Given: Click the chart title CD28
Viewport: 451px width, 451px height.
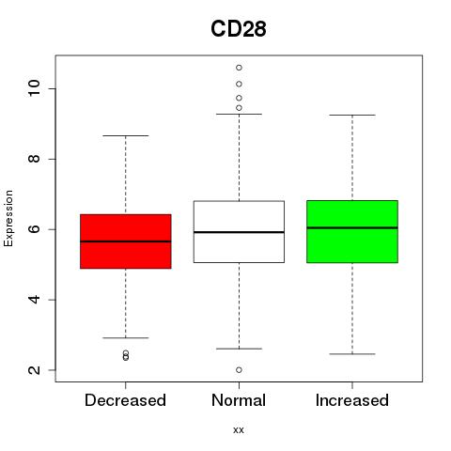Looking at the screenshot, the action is point(239,29).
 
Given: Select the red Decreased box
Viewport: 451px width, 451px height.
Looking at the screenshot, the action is point(126,241).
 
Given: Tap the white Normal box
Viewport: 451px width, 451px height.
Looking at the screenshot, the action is point(239,231).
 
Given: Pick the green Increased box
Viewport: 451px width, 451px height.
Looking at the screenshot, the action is point(352,231).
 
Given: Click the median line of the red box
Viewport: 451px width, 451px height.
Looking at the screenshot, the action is point(126,241).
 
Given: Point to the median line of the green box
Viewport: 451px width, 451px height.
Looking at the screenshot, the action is point(352,227).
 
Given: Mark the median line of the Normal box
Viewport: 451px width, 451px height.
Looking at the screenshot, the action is point(239,232).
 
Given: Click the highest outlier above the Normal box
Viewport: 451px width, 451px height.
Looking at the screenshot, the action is point(239,68).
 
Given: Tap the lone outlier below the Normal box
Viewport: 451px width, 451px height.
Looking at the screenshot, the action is point(239,370).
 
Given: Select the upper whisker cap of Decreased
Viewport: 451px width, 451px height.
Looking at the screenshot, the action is point(126,135).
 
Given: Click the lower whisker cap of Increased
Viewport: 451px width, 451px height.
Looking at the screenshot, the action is point(352,354).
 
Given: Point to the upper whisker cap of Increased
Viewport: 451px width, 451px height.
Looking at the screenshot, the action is point(352,115).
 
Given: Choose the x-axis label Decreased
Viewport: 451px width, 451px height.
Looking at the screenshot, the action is point(125,400).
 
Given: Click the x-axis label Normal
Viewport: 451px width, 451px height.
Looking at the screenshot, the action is point(239,400).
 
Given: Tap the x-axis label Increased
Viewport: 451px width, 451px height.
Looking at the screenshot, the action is point(352,400).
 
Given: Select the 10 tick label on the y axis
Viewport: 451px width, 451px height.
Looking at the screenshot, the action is point(34,88).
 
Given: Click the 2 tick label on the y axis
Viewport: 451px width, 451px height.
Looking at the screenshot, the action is point(34,370).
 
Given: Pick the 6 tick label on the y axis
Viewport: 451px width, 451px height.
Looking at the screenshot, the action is point(34,229).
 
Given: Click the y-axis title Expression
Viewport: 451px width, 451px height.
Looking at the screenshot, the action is point(8,218).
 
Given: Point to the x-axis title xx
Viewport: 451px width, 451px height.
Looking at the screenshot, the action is point(239,430).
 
